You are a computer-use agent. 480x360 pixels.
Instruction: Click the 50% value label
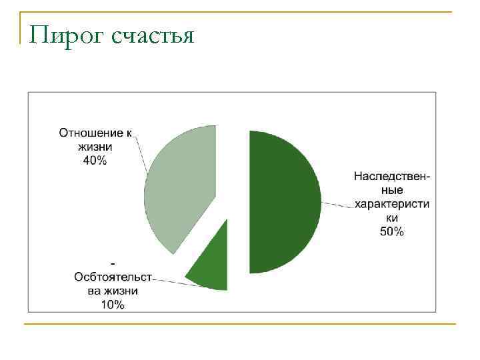tap(392, 232)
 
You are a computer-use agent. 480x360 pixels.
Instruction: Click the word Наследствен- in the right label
tap(392, 177)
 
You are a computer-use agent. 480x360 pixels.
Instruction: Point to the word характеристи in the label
tap(392, 204)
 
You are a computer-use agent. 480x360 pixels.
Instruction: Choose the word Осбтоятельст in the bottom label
tap(113, 277)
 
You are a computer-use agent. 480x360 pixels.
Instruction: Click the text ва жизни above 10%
tap(113, 291)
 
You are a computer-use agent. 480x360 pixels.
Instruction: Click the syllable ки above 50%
tap(392, 218)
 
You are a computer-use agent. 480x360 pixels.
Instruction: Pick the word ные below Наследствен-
tap(392, 191)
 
